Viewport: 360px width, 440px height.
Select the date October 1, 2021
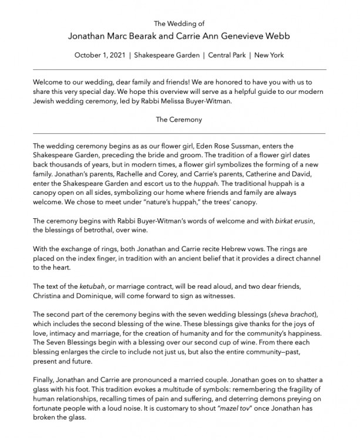click(100, 56)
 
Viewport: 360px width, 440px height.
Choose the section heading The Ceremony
click(179, 120)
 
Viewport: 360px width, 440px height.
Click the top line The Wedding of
click(179, 23)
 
